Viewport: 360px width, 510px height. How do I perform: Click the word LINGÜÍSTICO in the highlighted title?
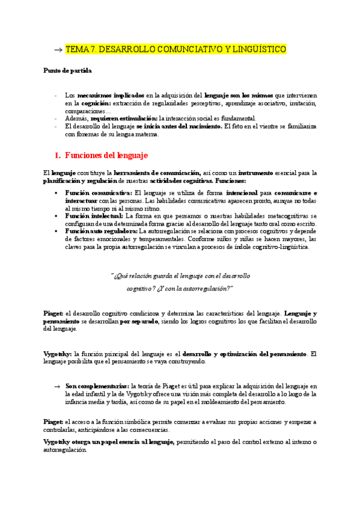pyautogui.click(x=255, y=49)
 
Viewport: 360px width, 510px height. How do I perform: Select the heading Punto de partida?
pyautogui.click(x=67, y=70)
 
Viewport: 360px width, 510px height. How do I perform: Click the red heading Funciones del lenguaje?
pyautogui.click(x=106, y=155)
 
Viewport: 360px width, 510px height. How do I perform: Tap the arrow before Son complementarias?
pyautogui.click(x=57, y=386)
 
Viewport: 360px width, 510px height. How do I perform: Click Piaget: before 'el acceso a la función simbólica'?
pyautogui.click(x=53, y=422)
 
